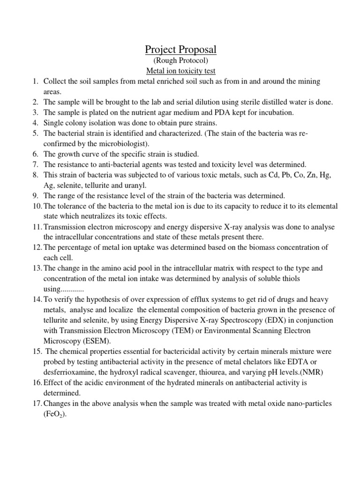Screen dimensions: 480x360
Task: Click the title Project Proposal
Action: [x=180, y=49]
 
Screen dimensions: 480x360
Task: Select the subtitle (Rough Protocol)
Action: [x=180, y=61]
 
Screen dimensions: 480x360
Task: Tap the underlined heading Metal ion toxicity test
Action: [x=180, y=71]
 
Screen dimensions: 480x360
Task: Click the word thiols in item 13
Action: [x=290, y=278]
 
